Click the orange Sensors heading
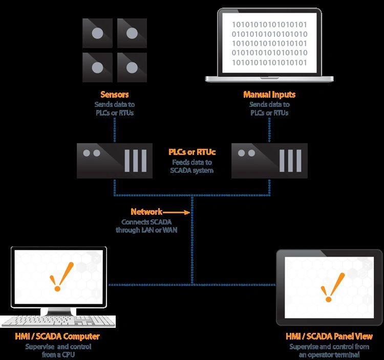[x=114, y=95]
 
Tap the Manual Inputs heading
[x=269, y=95]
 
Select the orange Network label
[x=146, y=212]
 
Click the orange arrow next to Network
[x=176, y=212]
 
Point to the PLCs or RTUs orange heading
[x=192, y=152]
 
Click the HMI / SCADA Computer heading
[x=57, y=336]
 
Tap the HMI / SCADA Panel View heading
[x=329, y=336]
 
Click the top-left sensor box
[x=97, y=33]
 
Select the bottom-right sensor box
[x=132, y=67]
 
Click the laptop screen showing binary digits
[x=269, y=43]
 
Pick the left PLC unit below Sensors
[x=115, y=161]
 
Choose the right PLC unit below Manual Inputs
[x=269, y=161]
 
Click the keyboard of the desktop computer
[x=58, y=321]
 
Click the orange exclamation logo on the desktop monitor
[x=61, y=277]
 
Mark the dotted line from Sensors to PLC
[x=115, y=130]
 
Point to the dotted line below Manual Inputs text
[x=269, y=130]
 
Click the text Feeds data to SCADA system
[x=192, y=166]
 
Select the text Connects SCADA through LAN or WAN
[x=146, y=226]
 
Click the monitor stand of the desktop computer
[x=58, y=311]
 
